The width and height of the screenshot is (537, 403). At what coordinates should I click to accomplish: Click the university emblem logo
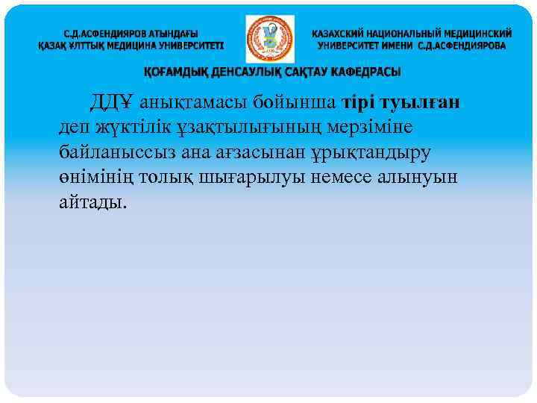(x=269, y=40)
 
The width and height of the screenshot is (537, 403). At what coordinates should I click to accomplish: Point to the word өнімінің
(x=96, y=177)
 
